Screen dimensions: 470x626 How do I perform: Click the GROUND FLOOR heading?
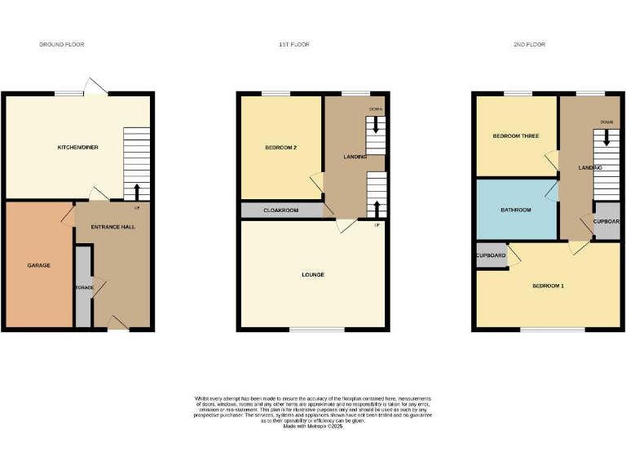pos(61,44)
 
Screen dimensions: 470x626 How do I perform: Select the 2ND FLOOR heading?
pos(529,44)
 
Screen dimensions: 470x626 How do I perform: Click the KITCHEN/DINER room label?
pos(77,148)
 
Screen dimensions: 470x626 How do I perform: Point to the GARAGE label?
pos(38,265)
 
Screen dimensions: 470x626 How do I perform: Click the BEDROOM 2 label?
pos(281,148)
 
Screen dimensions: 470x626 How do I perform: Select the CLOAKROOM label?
pos(280,211)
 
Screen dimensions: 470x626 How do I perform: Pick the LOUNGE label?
pos(313,275)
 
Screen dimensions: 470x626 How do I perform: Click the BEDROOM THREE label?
pos(515,135)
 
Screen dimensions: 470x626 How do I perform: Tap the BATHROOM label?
pos(515,210)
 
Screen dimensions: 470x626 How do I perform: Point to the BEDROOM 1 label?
pos(548,286)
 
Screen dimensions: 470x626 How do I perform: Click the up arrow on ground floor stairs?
pos(137,192)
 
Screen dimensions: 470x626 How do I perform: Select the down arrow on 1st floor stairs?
pos(376,125)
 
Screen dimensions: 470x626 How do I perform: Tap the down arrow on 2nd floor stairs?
pos(606,138)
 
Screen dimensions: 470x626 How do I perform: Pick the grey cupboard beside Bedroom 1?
pos(491,255)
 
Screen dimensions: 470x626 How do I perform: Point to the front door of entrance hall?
pos(119,324)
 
